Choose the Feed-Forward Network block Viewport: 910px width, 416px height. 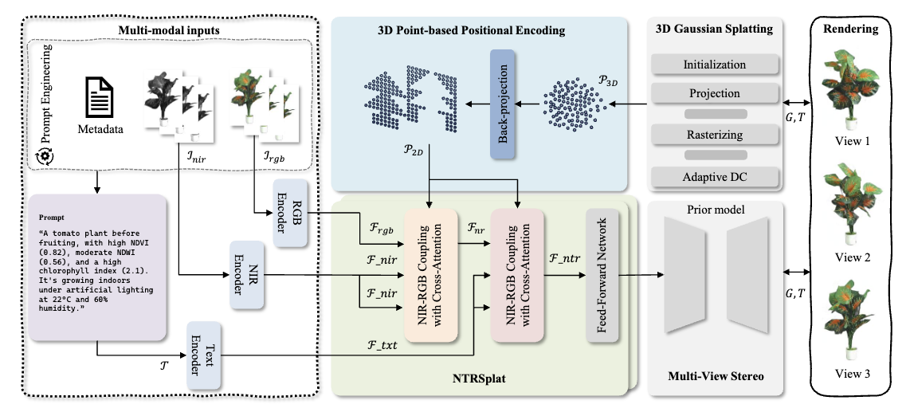click(x=601, y=274)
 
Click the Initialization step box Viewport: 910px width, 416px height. click(x=715, y=64)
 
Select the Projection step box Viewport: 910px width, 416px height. click(x=715, y=93)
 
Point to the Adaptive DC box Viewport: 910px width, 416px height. click(x=715, y=175)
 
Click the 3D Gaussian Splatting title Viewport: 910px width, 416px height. click(x=714, y=29)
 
